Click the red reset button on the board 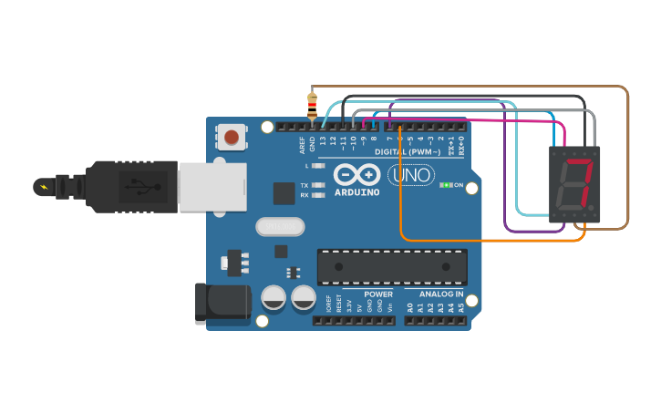[232, 137]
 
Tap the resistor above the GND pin [312, 107]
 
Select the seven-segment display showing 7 [575, 184]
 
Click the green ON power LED [446, 185]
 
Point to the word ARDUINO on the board [356, 192]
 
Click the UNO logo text [410, 174]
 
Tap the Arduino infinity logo [356, 174]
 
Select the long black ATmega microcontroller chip [392, 266]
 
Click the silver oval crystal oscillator [281, 226]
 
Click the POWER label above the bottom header [378, 294]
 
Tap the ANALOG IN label [441, 294]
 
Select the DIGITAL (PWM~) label [408, 151]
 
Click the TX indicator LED [317, 185]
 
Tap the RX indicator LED [317, 195]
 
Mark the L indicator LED [317, 166]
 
